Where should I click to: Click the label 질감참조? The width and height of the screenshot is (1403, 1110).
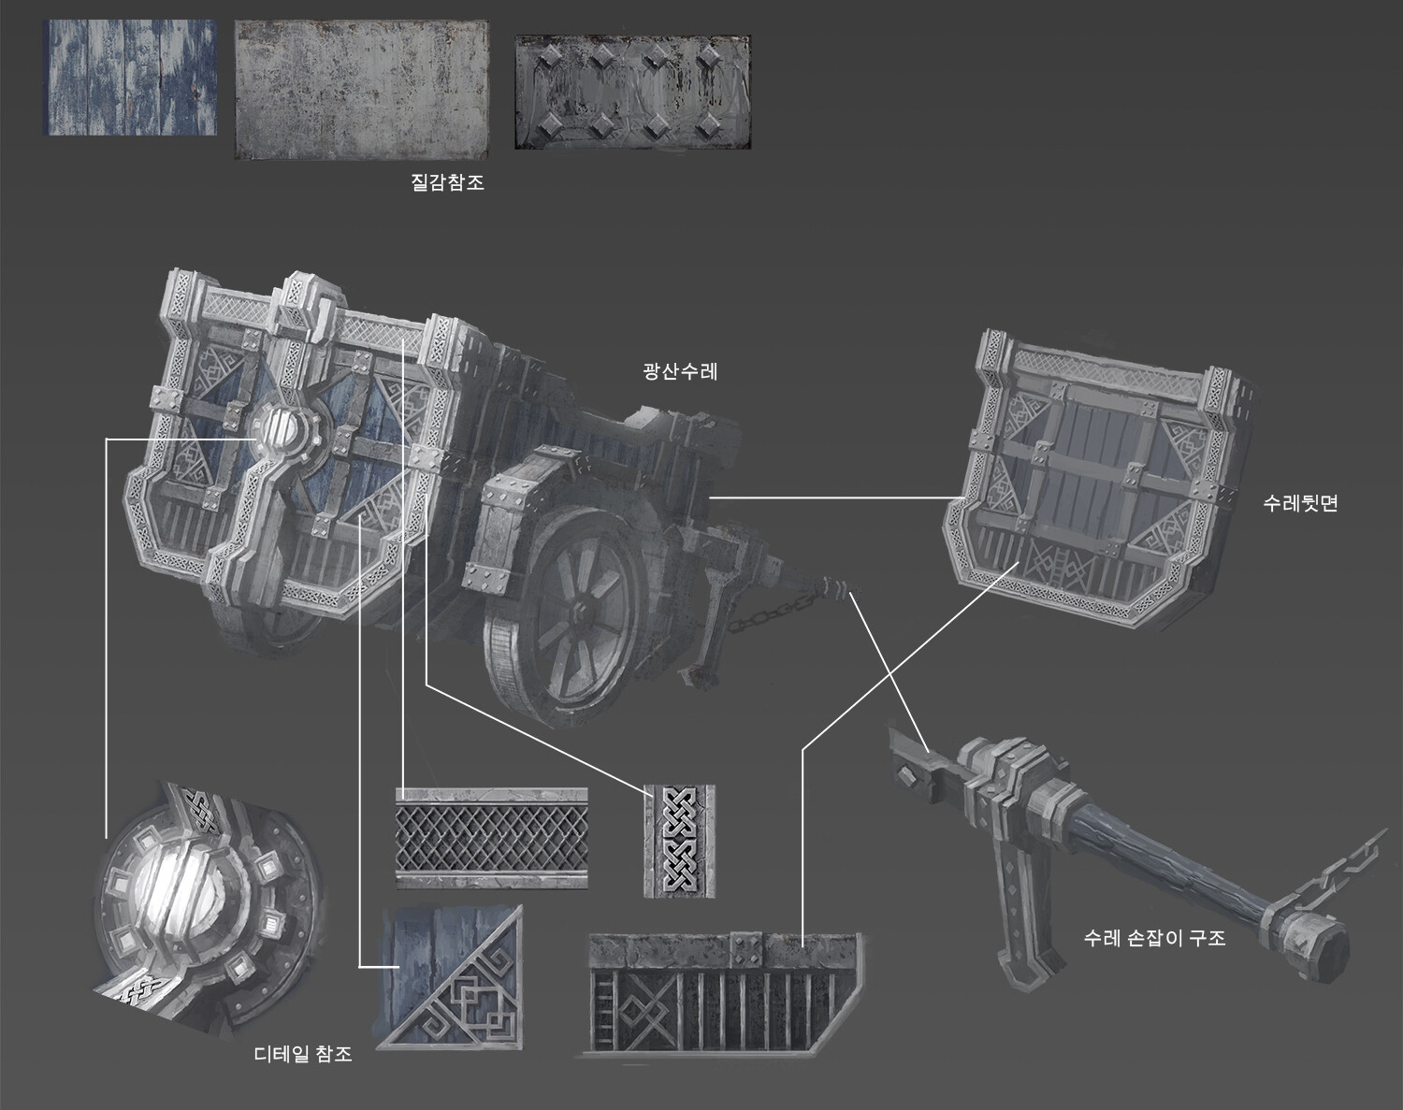tap(447, 183)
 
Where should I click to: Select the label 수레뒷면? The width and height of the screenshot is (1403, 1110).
tap(1300, 503)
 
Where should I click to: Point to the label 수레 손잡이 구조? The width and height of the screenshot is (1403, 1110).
tap(1154, 937)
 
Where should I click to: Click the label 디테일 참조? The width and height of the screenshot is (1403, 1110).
tap(303, 1054)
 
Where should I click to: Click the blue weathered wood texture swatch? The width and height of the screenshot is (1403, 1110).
tap(131, 78)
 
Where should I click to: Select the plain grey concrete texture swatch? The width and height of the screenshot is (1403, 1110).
tap(361, 91)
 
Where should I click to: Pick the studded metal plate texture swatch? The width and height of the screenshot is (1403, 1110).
tap(632, 93)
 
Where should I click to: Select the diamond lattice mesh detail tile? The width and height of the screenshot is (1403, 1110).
tap(491, 837)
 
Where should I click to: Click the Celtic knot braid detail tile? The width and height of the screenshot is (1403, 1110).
tap(680, 839)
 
